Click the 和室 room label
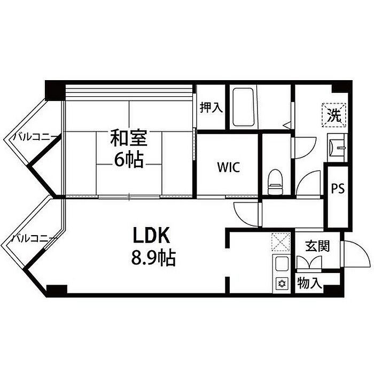pos(128,138)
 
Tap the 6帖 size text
pos(128,159)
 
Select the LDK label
pos(151,235)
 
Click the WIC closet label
pos(228,167)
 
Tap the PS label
pos(337,189)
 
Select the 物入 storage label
pos(309,282)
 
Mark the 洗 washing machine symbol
pos(334,114)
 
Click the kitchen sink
pos(281,263)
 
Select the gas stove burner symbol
pos(281,283)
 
